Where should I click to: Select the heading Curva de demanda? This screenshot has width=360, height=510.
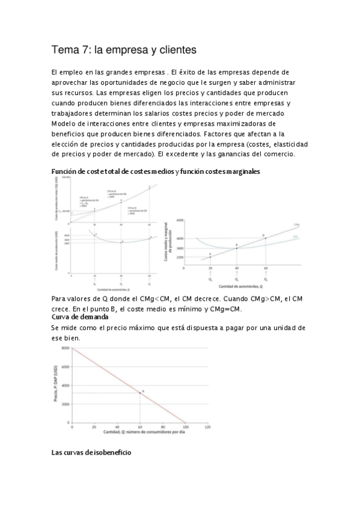click(80, 316)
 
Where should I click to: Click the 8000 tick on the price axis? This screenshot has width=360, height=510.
click(64, 348)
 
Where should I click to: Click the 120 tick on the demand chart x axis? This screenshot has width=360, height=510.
click(207, 427)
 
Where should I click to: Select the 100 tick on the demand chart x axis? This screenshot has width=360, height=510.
click(185, 427)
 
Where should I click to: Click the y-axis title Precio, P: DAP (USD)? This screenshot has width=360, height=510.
click(55, 385)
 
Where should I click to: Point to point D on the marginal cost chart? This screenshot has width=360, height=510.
click(263, 236)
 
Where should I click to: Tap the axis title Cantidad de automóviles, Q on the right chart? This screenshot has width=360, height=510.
click(237, 285)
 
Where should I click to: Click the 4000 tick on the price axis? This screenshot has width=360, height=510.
click(64, 386)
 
